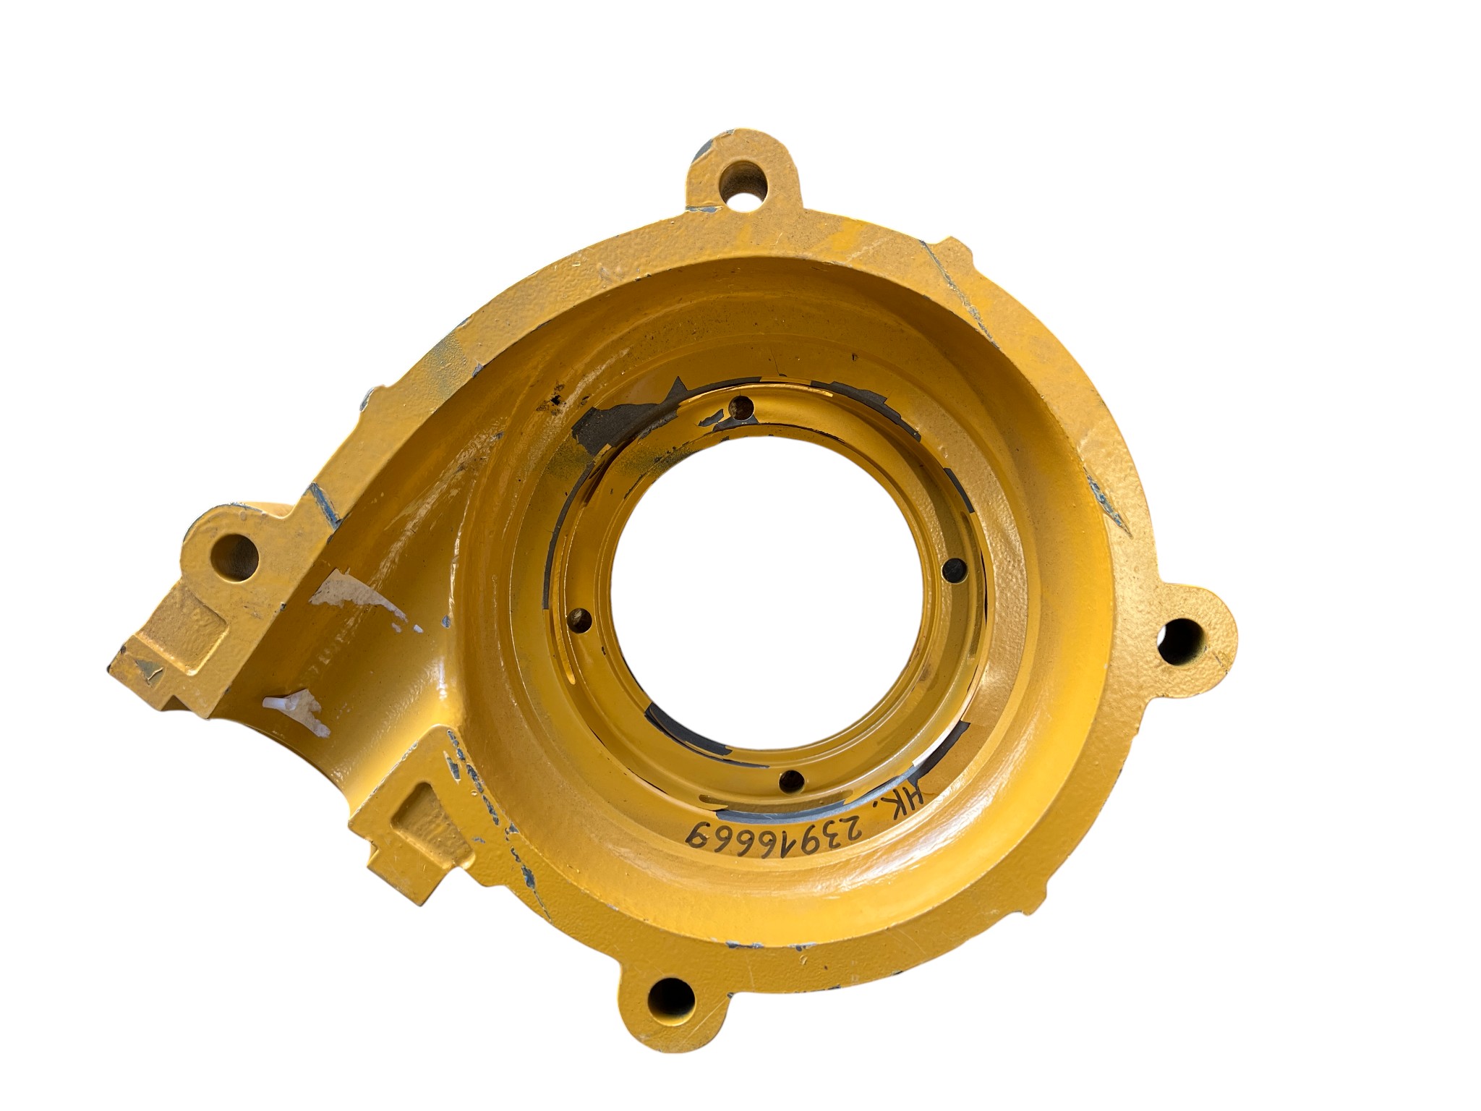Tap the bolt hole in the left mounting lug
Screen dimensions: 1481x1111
[x=235, y=556]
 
